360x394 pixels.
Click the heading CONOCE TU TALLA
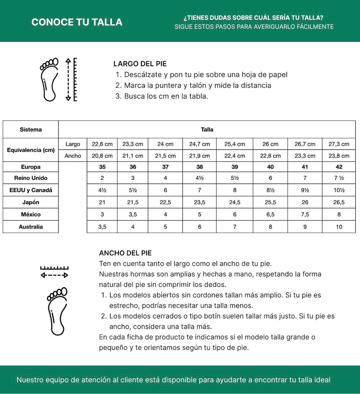tap(77, 22)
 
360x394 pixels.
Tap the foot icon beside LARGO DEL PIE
tap(49, 79)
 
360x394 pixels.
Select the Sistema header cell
tap(31, 130)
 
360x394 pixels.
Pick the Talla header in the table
tap(207, 130)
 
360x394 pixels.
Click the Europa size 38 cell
tap(199, 167)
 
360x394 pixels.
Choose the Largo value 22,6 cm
tap(102, 144)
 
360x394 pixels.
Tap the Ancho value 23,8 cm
tap(339, 156)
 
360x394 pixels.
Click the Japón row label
tap(31, 202)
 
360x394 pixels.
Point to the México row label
tap(31, 214)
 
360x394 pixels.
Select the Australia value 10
tap(339, 227)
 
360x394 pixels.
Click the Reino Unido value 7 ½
tap(339, 178)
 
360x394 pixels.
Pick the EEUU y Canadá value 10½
tap(339, 190)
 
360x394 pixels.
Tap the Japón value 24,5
tap(235, 202)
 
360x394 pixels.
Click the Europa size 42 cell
tap(339, 167)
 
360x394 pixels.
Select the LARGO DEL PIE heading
tap(140, 64)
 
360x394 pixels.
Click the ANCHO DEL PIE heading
tap(125, 253)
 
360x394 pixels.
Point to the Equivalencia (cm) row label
tap(31, 150)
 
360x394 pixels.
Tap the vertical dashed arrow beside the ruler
tap(68, 79)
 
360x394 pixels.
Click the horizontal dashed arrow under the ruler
tap(54, 275)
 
